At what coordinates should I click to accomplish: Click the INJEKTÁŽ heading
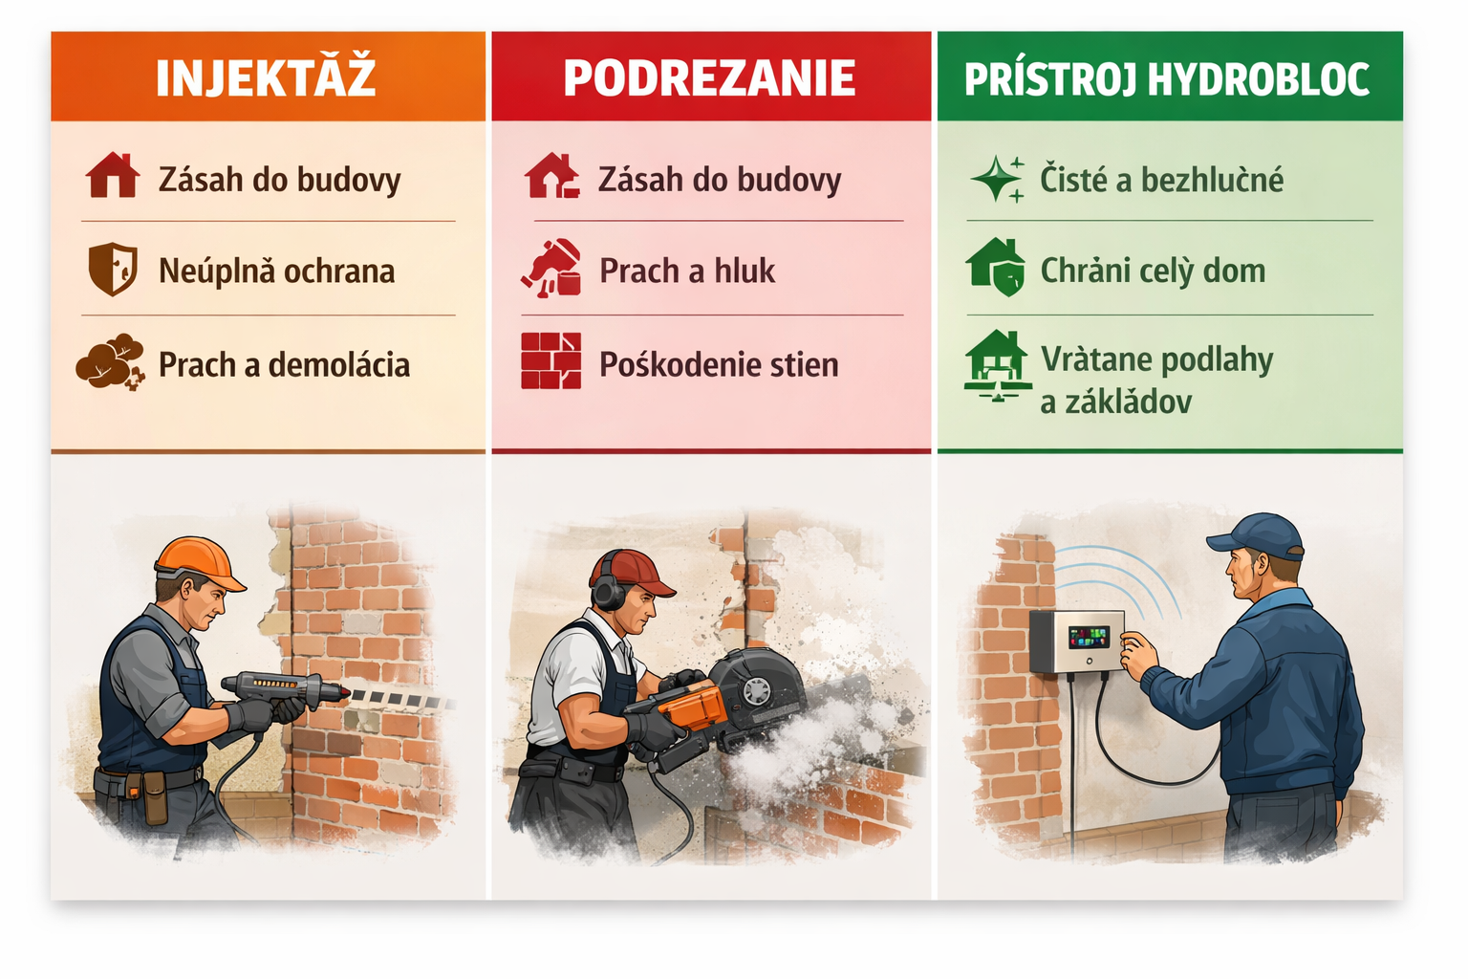coord(266,77)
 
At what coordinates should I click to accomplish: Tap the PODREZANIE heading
coord(710,78)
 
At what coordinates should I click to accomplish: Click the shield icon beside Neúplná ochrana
coord(113,269)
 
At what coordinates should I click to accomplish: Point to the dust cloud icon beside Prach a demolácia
coord(110,362)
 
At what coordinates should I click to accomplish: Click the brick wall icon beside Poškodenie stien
coord(550,360)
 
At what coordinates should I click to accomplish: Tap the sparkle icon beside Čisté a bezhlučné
coord(997,179)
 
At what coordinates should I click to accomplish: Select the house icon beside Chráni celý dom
coord(996,268)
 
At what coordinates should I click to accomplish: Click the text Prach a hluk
coord(687,271)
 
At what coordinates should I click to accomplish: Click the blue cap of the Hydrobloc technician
coord(1254,536)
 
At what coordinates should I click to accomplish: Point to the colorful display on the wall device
coord(1090,637)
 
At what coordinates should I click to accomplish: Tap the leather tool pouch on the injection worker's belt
coord(155,796)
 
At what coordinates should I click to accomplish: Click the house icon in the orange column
coord(113,175)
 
